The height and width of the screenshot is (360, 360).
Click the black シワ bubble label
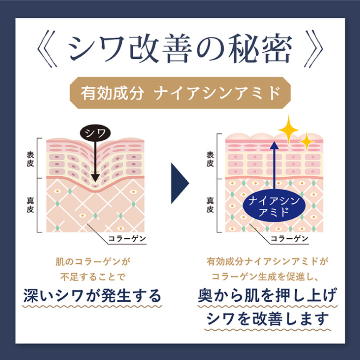pyautogui.click(x=95, y=133)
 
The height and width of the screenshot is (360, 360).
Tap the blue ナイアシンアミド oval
pyautogui.click(x=274, y=205)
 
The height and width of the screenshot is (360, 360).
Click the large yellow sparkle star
pyautogui.click(x=289, y=129)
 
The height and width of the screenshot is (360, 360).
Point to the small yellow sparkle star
pyautogui.click(x=307, y=142)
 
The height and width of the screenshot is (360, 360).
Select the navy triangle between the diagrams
pyautogui.click(x=180, y=183)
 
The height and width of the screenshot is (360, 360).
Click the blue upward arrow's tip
pyautogui.click(x=274, y=142)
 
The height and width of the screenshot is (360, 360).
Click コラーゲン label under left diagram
pyautogui.click(x=127, y=239)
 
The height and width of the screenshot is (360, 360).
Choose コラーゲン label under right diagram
pyautogui.click(x=289, y=239)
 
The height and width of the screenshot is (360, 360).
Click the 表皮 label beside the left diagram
pyautogui.click(x=30, y=159)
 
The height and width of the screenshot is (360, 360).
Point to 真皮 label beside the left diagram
pyautogui.click(x=30, y=205)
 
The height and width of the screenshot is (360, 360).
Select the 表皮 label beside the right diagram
pyautogui.click(x=210, y=159)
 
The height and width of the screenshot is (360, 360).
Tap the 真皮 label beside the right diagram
pyautogui.click(x=210, y=205)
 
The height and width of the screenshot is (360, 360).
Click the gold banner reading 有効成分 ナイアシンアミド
pyautogui.click(x=180, y=93)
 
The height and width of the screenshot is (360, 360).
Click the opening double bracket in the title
pyautogui.click(x=47, y=49)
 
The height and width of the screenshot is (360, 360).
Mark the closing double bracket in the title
pyautogui.click(x=313, y=49)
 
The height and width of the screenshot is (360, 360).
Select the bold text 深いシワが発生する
pyautogui.click(x=92, y=295)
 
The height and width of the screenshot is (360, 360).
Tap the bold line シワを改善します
pyautogui.click(x=268, y=319)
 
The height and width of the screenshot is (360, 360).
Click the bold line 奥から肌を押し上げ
pyautogui.click(x=268, y=295)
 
